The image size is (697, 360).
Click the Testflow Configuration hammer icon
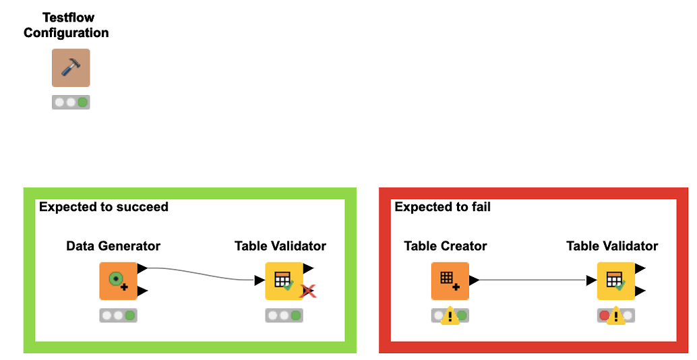click(x=71, y=67)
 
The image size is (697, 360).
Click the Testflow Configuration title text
click(x=66, y=24)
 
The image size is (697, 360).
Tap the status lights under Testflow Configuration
click(x=71, y=102)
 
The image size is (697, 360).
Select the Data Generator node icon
click(x=118, y=280)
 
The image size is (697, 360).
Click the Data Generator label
click(x=113, y=246)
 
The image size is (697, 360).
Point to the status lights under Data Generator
click(x=118, y=315)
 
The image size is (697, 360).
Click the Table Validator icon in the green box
click(x=284, y=280)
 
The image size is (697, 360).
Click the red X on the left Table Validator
click(x=309, y=291)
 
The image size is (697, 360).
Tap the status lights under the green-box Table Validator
click(x=284, y=315)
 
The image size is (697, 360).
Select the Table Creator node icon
click(x=450, y=280)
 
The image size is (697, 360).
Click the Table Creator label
click(x=445, y=246)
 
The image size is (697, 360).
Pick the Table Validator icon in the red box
click(x=615, y=280)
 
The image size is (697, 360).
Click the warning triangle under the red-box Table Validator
click(x=614, y=317)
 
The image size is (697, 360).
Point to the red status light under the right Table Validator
click(x=604, y=315)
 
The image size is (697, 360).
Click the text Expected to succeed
click(x=103, y=207)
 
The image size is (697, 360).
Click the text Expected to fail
click(x=442, y=207)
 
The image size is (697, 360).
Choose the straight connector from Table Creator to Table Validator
click(x=533, y=280)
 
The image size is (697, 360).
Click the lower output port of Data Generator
click(x=142, y=291)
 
